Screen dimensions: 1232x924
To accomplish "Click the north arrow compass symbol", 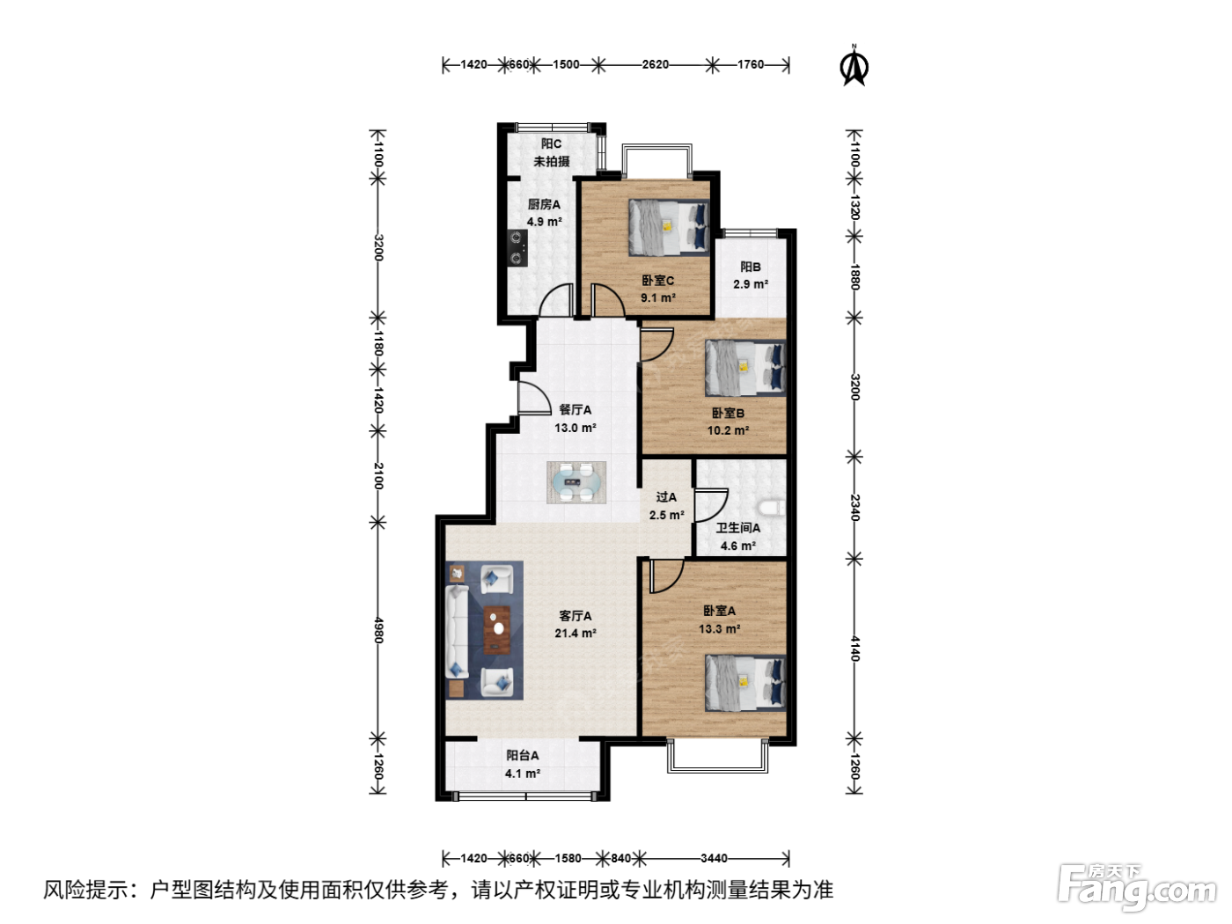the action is click(x=854, y=68).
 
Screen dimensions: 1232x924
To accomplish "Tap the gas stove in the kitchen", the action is click(x=517, y=247).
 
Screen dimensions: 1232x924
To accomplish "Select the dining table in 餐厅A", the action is click(x=576, y=482).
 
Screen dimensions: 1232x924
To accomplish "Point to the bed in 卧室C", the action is click(x=669, y=228).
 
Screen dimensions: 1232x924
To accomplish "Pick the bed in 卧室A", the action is click(x=745, y=683).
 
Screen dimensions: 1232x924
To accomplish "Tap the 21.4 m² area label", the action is click(x=576, y=633).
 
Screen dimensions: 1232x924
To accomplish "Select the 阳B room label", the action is click(x=751, y=267).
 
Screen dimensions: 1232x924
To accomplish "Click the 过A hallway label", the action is click(x=666, y=497).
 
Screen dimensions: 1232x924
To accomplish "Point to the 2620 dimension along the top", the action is click(x=655, y=64).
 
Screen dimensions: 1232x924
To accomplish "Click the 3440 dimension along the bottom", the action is click(x=714, y=858).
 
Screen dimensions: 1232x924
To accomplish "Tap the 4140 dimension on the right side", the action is click(x=854, y=649).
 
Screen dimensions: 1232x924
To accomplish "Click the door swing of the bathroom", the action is click(x=711, y=505).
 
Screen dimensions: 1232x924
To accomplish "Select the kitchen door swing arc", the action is click(x=556, y=300).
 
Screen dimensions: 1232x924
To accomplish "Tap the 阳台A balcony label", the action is click(x=523, y=756).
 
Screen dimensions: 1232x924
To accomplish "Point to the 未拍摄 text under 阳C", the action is click(x=551, y=162).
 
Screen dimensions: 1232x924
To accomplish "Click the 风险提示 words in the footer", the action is click(x=86, y=891).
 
